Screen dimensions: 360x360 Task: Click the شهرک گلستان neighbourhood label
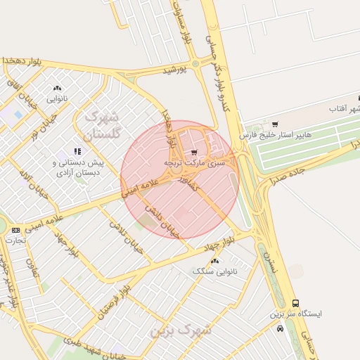tap(103, 124)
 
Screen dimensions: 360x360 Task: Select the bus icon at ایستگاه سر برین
tap(295, 303)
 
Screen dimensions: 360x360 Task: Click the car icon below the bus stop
tap(281, 328)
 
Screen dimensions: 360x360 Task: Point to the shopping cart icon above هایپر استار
tap(275, 124)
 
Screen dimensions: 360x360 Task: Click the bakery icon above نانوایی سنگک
tap(214, 260)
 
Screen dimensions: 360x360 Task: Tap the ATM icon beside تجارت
tap(15, 230)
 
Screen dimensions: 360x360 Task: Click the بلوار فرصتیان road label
tap(116, 295)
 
